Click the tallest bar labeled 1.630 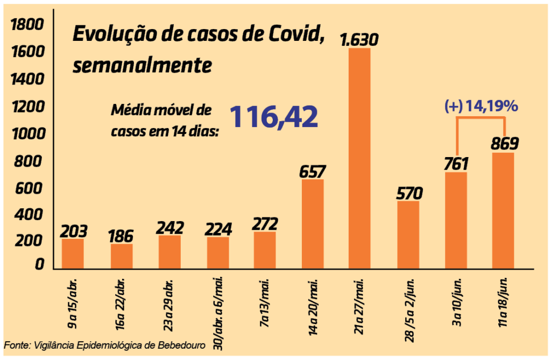[x=359, y=158]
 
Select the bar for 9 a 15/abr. [x=73, y=253]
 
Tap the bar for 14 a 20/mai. [x=312, y=224]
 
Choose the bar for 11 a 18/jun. [x=503, y=210]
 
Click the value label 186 [x=122, y=235]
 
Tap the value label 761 [x=456, y=163]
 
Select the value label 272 [x=265, y=223]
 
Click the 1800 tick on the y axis [x=26, y=24]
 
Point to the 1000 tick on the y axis [x=26, y=133]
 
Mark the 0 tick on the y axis [x=39, y=264]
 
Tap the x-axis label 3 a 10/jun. [x=456, y=301]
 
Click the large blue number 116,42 [x=274, y=117]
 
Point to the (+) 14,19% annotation [x=481, y=107]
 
